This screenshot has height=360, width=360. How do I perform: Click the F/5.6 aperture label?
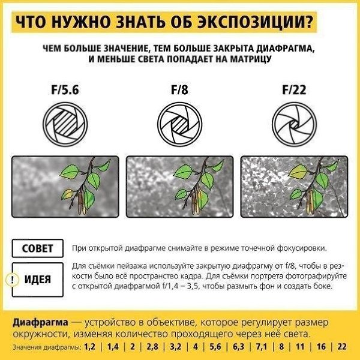[x=65, y=89]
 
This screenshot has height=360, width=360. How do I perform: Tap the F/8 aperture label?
[x=179, y=89]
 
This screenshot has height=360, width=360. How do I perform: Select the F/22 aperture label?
[x=294, y=89]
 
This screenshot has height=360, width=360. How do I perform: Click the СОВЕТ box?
[x=38, y=248]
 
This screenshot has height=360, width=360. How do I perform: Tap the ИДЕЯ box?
[x=38, y=280]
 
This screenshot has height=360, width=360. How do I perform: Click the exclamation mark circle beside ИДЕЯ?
[x=13, y=280]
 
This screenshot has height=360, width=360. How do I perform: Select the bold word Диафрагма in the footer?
[x=40, y=323]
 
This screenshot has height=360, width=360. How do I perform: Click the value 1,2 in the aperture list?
[x=89, y=346]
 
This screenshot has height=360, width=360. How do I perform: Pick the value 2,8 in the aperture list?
[x=152, y=346]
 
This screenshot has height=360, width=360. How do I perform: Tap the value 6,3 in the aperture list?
[x=239, y=346]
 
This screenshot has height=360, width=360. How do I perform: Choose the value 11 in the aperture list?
[x=300, y=346]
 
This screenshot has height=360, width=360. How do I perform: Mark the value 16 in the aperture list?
[x=321, y=346]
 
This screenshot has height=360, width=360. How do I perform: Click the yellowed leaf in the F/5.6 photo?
[x=67, y=194]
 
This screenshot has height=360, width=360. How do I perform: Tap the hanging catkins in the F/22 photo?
[x=310, y=201]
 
